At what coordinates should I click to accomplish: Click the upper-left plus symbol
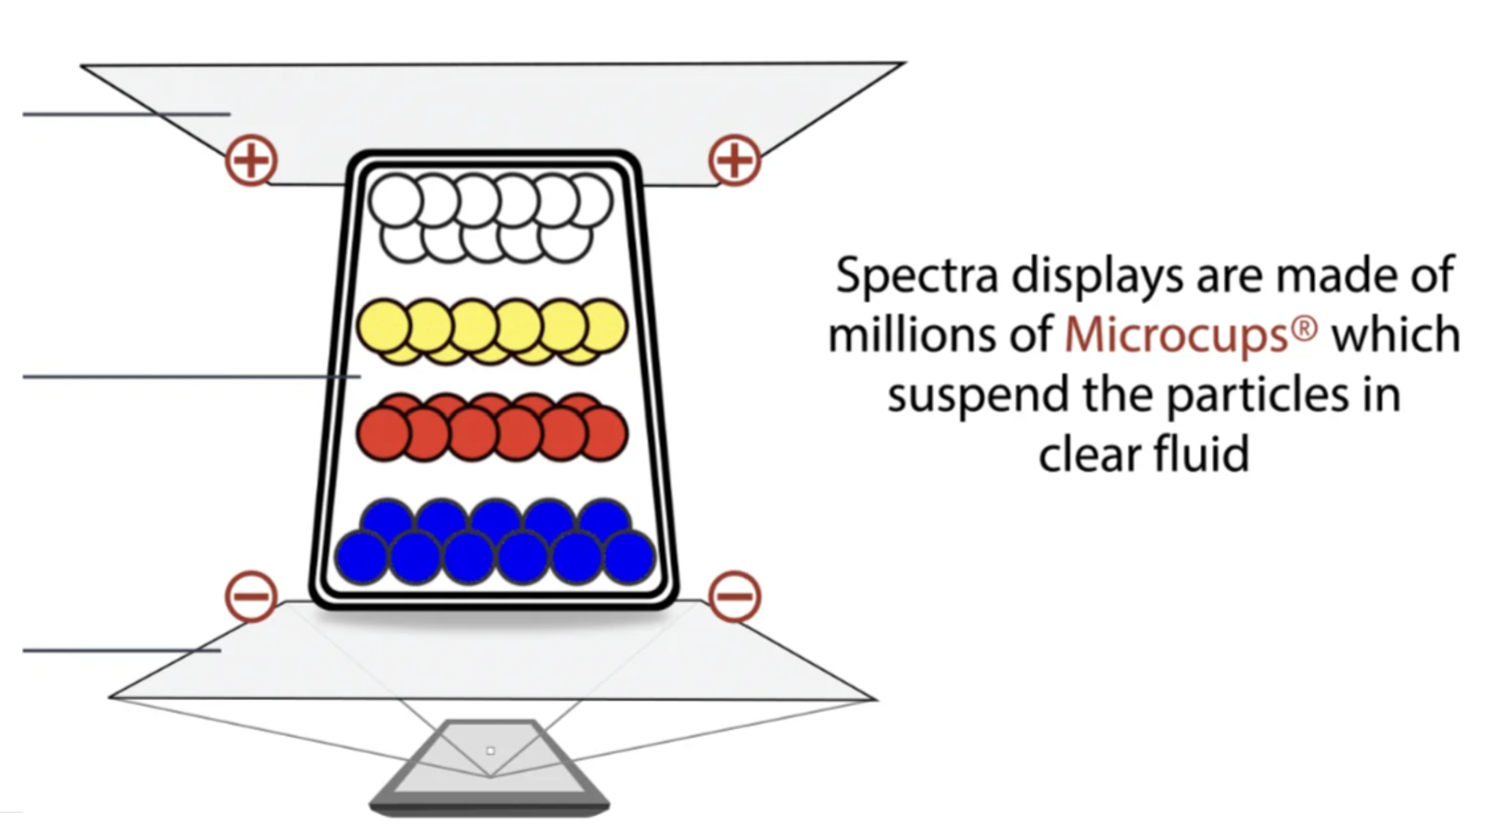pyautogui.click(x=251, y=161)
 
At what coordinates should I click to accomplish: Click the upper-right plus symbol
pyautogui.click(x=734, y=161)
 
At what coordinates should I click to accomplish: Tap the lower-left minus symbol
pyautogui.click(x=251, y=596)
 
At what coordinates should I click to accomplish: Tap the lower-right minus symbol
pyautogui.click(x=734, y=596)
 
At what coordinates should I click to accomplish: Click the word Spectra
pyautogui.click(x=917, y=275)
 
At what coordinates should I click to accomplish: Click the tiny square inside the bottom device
pyautogui.click(x=490, y=751)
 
